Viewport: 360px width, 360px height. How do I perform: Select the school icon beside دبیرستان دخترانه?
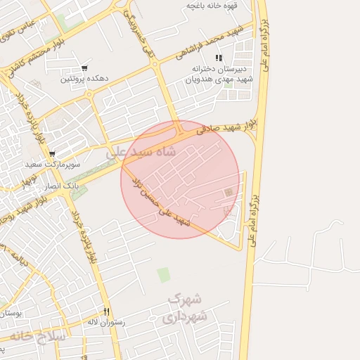(219, 58)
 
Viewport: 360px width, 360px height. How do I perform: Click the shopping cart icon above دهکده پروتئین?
(84, 68)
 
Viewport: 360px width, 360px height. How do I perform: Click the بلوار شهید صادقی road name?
(225, 127)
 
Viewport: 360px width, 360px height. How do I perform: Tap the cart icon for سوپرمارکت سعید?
(52, 154)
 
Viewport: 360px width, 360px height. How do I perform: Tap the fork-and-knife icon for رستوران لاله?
(107, 311)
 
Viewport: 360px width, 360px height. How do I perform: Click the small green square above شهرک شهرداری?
(164, 274)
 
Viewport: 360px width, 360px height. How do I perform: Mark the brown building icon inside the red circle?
(228, 193)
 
